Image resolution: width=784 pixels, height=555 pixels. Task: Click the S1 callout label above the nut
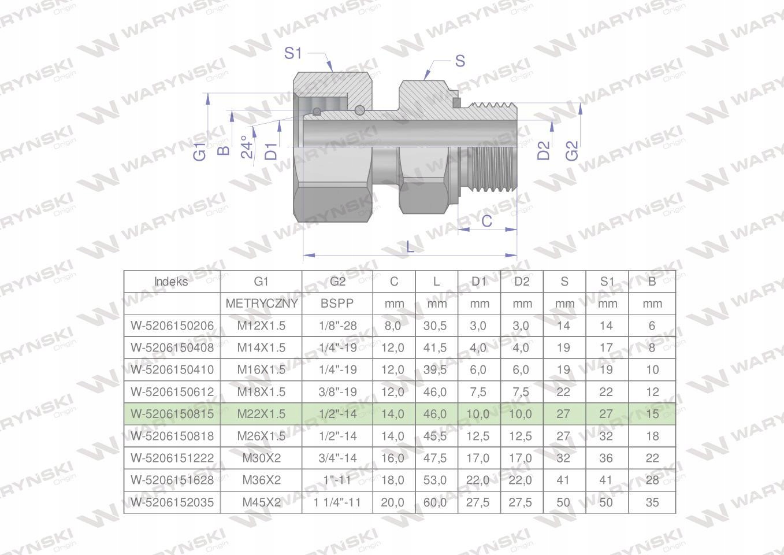[292, 53]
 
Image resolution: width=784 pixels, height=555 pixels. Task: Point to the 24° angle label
[247, 147]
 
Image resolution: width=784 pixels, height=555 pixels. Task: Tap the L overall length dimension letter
[410, 247]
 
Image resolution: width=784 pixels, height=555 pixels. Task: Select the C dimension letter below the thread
[486, 221]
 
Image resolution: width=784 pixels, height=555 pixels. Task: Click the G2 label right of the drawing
[572, 151]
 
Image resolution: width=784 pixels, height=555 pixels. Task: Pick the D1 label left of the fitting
[271, 151]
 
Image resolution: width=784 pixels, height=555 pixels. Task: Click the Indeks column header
[171, 282]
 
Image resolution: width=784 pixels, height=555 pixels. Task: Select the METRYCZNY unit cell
[262, 304]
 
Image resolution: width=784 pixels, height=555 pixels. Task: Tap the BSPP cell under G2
[337, 304]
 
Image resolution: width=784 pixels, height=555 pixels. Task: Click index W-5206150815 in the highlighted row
[172, 414]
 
